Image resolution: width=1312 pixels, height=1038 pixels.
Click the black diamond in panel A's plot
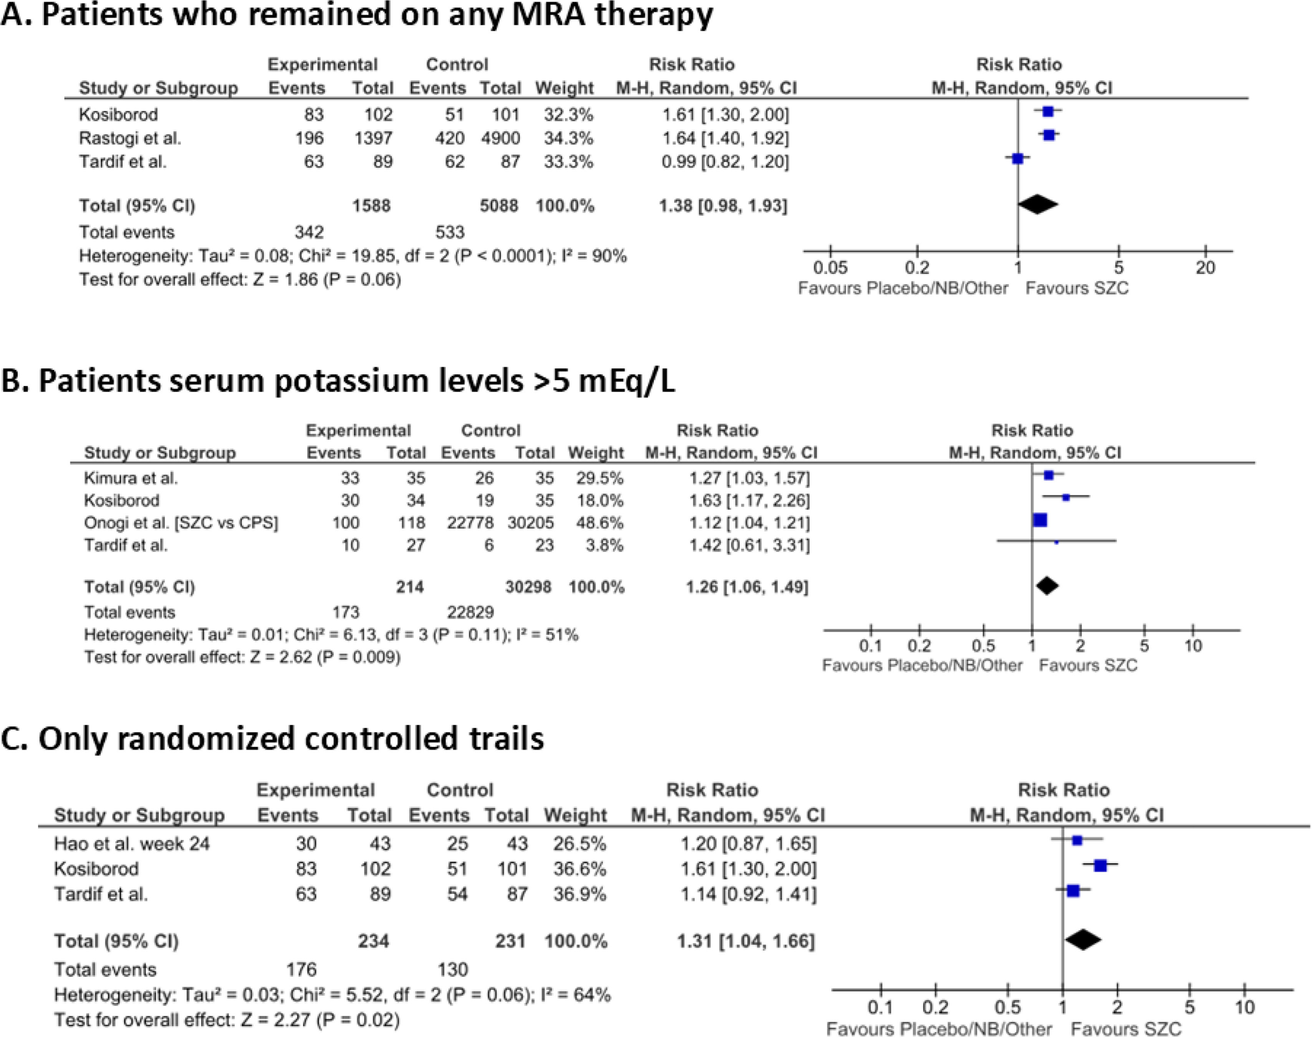(1038, 205)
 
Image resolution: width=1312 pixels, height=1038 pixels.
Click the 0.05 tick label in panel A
(831, 268)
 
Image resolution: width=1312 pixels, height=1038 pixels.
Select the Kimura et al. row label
(131, 478)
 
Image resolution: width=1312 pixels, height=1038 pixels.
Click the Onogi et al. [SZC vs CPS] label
(180, 522)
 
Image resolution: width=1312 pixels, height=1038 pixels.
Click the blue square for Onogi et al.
(1040, 520)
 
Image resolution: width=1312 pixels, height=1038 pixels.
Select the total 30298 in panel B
(528, 587)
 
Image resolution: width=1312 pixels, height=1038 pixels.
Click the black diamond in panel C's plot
(1083, 940)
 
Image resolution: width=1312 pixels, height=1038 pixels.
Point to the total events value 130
(452, 969)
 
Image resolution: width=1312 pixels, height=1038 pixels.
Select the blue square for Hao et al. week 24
(1077, 840)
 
